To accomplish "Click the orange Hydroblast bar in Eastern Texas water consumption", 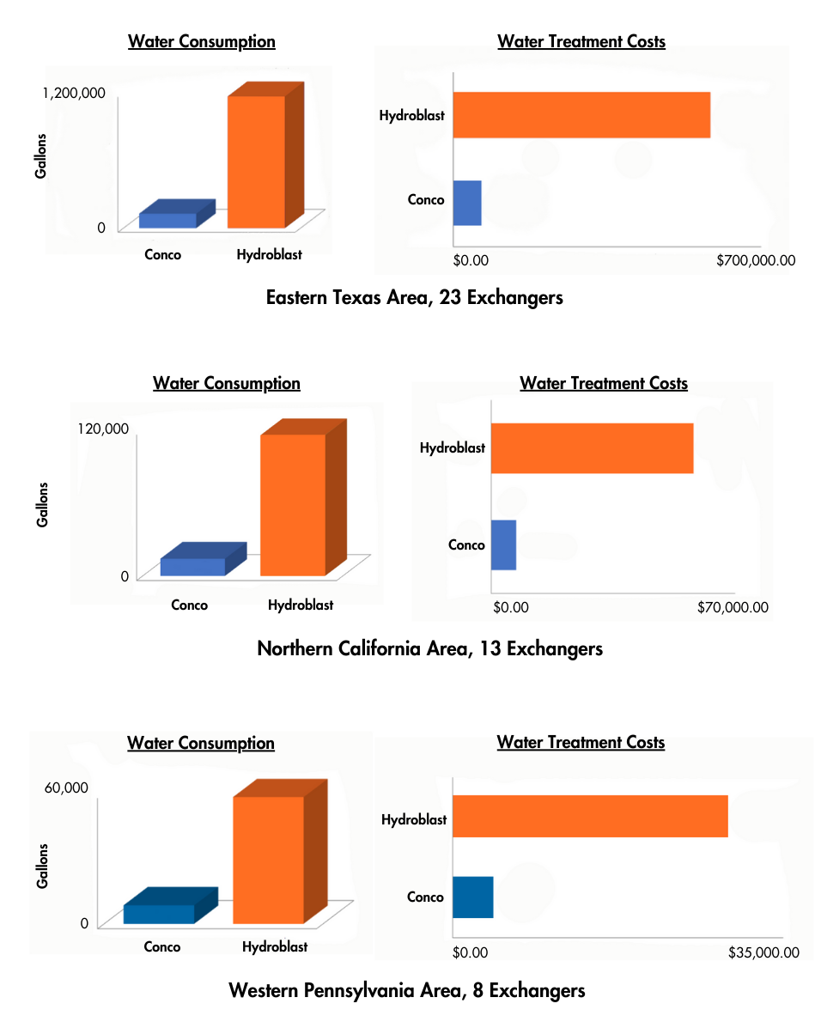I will point(256,161).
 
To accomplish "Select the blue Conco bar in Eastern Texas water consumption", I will point(168,220).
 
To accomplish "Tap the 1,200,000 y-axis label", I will point(74,93).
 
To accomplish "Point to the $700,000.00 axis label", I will point(756,259).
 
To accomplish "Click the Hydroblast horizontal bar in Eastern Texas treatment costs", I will point(581,114).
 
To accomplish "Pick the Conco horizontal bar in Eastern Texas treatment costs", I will point(467,203).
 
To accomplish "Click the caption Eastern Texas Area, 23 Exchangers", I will point(414,298).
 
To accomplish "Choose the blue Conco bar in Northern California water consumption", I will point(193,567).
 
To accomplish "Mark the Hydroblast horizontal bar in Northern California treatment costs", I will point(592,447).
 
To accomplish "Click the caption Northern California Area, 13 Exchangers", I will point(429,648).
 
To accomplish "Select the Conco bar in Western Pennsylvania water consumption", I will point(159,914).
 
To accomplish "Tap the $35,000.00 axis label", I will point(763,952).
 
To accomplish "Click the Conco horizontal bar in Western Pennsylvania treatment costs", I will point(472,897).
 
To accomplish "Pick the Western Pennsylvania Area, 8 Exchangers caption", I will point(407,990).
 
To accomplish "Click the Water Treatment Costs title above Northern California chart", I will point(603,384).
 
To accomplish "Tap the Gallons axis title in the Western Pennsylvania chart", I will point(42,865).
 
